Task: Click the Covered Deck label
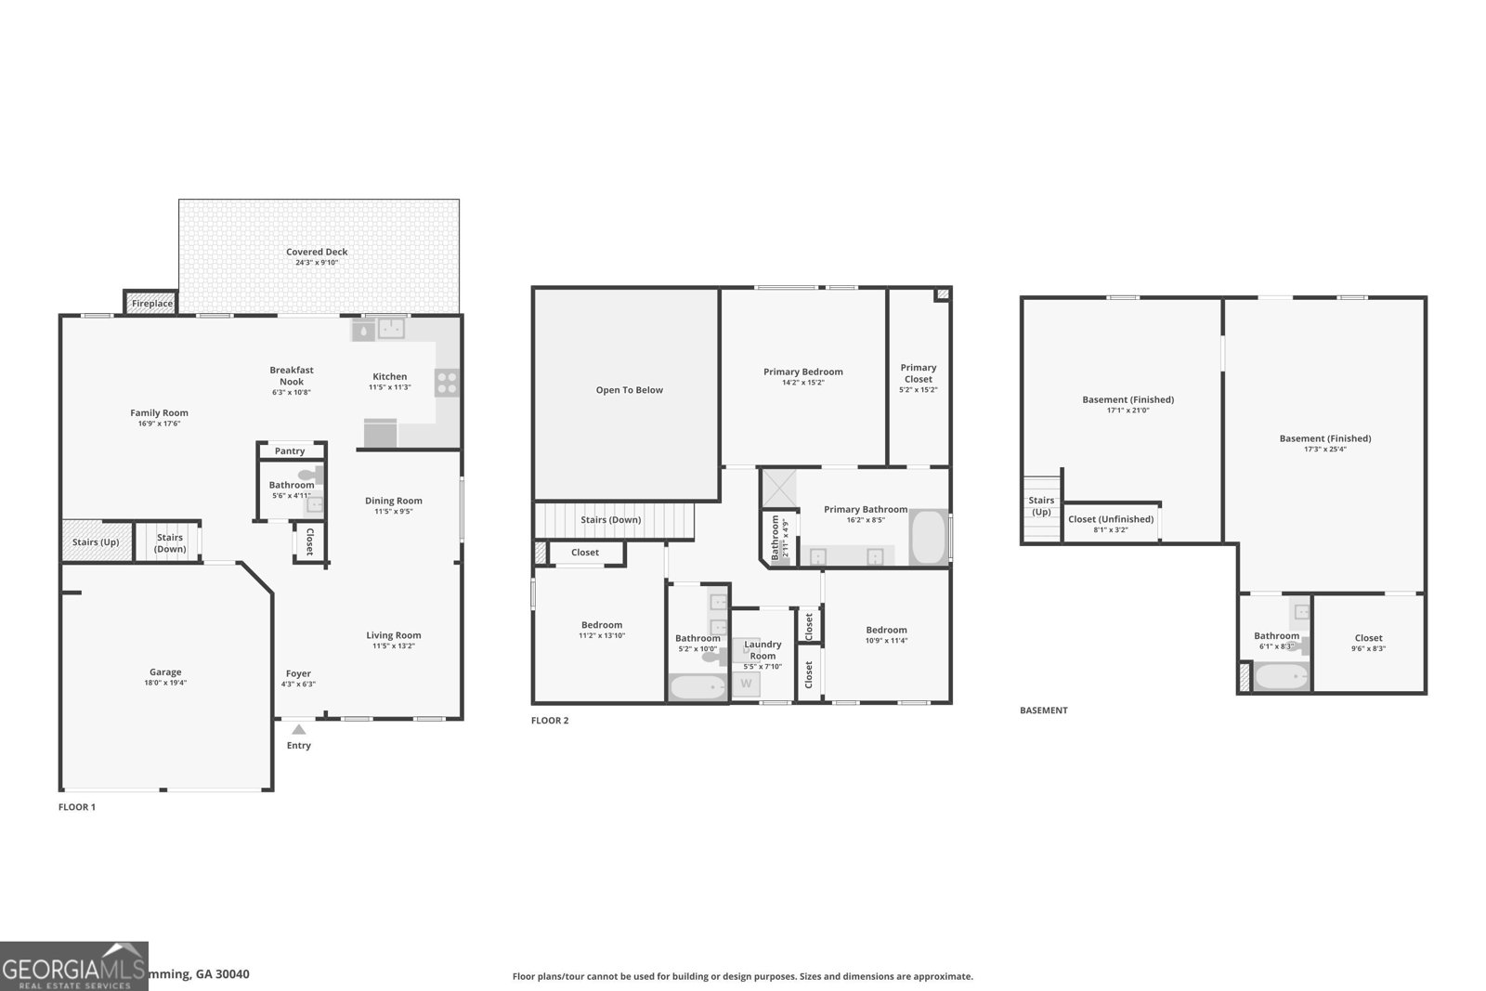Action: click(317, 252)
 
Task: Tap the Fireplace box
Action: click(151, 303)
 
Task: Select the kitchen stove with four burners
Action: click(447, 383)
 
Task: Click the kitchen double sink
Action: click(391, 328)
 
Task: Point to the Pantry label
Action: click(290, 450)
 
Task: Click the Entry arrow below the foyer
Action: click(298, 729)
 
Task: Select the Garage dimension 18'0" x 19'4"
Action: click(165, 683)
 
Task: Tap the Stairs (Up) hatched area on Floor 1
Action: click(96, 541)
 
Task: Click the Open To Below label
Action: click(629, 390)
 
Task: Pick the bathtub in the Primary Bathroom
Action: click(927, 537)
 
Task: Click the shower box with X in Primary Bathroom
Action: click(778, 488)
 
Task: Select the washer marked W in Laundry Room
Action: click(745, 685)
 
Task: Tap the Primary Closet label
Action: click(918, 373)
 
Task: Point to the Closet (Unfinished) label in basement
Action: click(1111, 519)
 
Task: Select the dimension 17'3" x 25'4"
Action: click(1324, 450)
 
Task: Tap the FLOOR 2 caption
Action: click(550, 721)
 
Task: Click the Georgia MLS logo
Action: click(73, 967)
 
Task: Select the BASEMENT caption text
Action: click(1044, 711)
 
